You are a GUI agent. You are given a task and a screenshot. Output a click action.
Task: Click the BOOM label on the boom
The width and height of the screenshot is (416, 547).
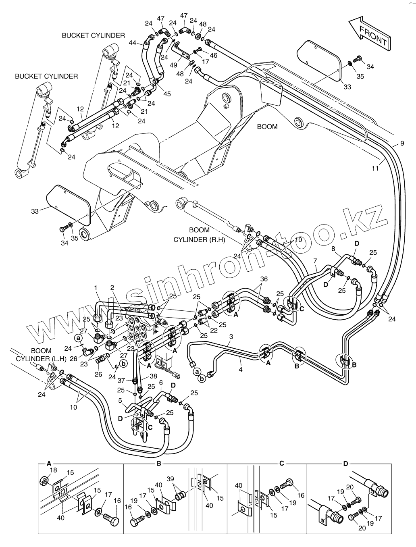point(267,127)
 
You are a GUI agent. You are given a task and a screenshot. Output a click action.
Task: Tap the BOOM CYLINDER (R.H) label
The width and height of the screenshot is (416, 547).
point(199,235)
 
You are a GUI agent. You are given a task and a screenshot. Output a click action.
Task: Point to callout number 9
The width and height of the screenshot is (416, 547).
point(402,143)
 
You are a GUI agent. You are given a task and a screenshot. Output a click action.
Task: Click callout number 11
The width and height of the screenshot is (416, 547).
point(375,168)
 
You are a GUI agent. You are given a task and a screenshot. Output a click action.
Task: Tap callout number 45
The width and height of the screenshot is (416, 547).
point(167,94)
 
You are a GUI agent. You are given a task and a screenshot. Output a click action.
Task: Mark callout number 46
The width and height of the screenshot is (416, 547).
point(213,56)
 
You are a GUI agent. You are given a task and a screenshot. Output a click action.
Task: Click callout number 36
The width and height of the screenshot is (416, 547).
point(264,279)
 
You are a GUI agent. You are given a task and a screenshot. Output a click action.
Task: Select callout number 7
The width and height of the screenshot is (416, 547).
point(315,261)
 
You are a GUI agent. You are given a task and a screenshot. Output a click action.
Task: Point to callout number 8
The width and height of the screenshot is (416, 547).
point(333,249)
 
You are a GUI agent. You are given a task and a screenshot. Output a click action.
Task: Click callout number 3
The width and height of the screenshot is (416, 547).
point(231,337)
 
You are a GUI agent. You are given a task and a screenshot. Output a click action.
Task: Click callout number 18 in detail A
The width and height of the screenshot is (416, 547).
point(54,470)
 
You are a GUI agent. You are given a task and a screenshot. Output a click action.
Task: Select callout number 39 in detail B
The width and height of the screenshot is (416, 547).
point(171,478)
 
